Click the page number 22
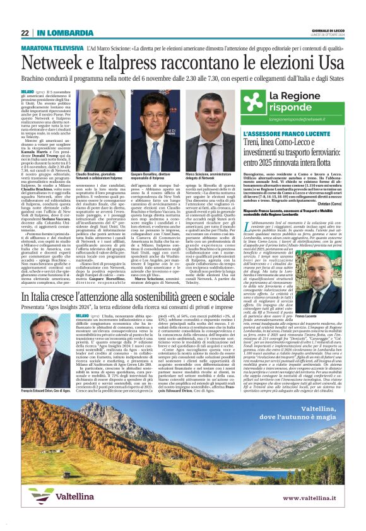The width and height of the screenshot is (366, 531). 24,33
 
